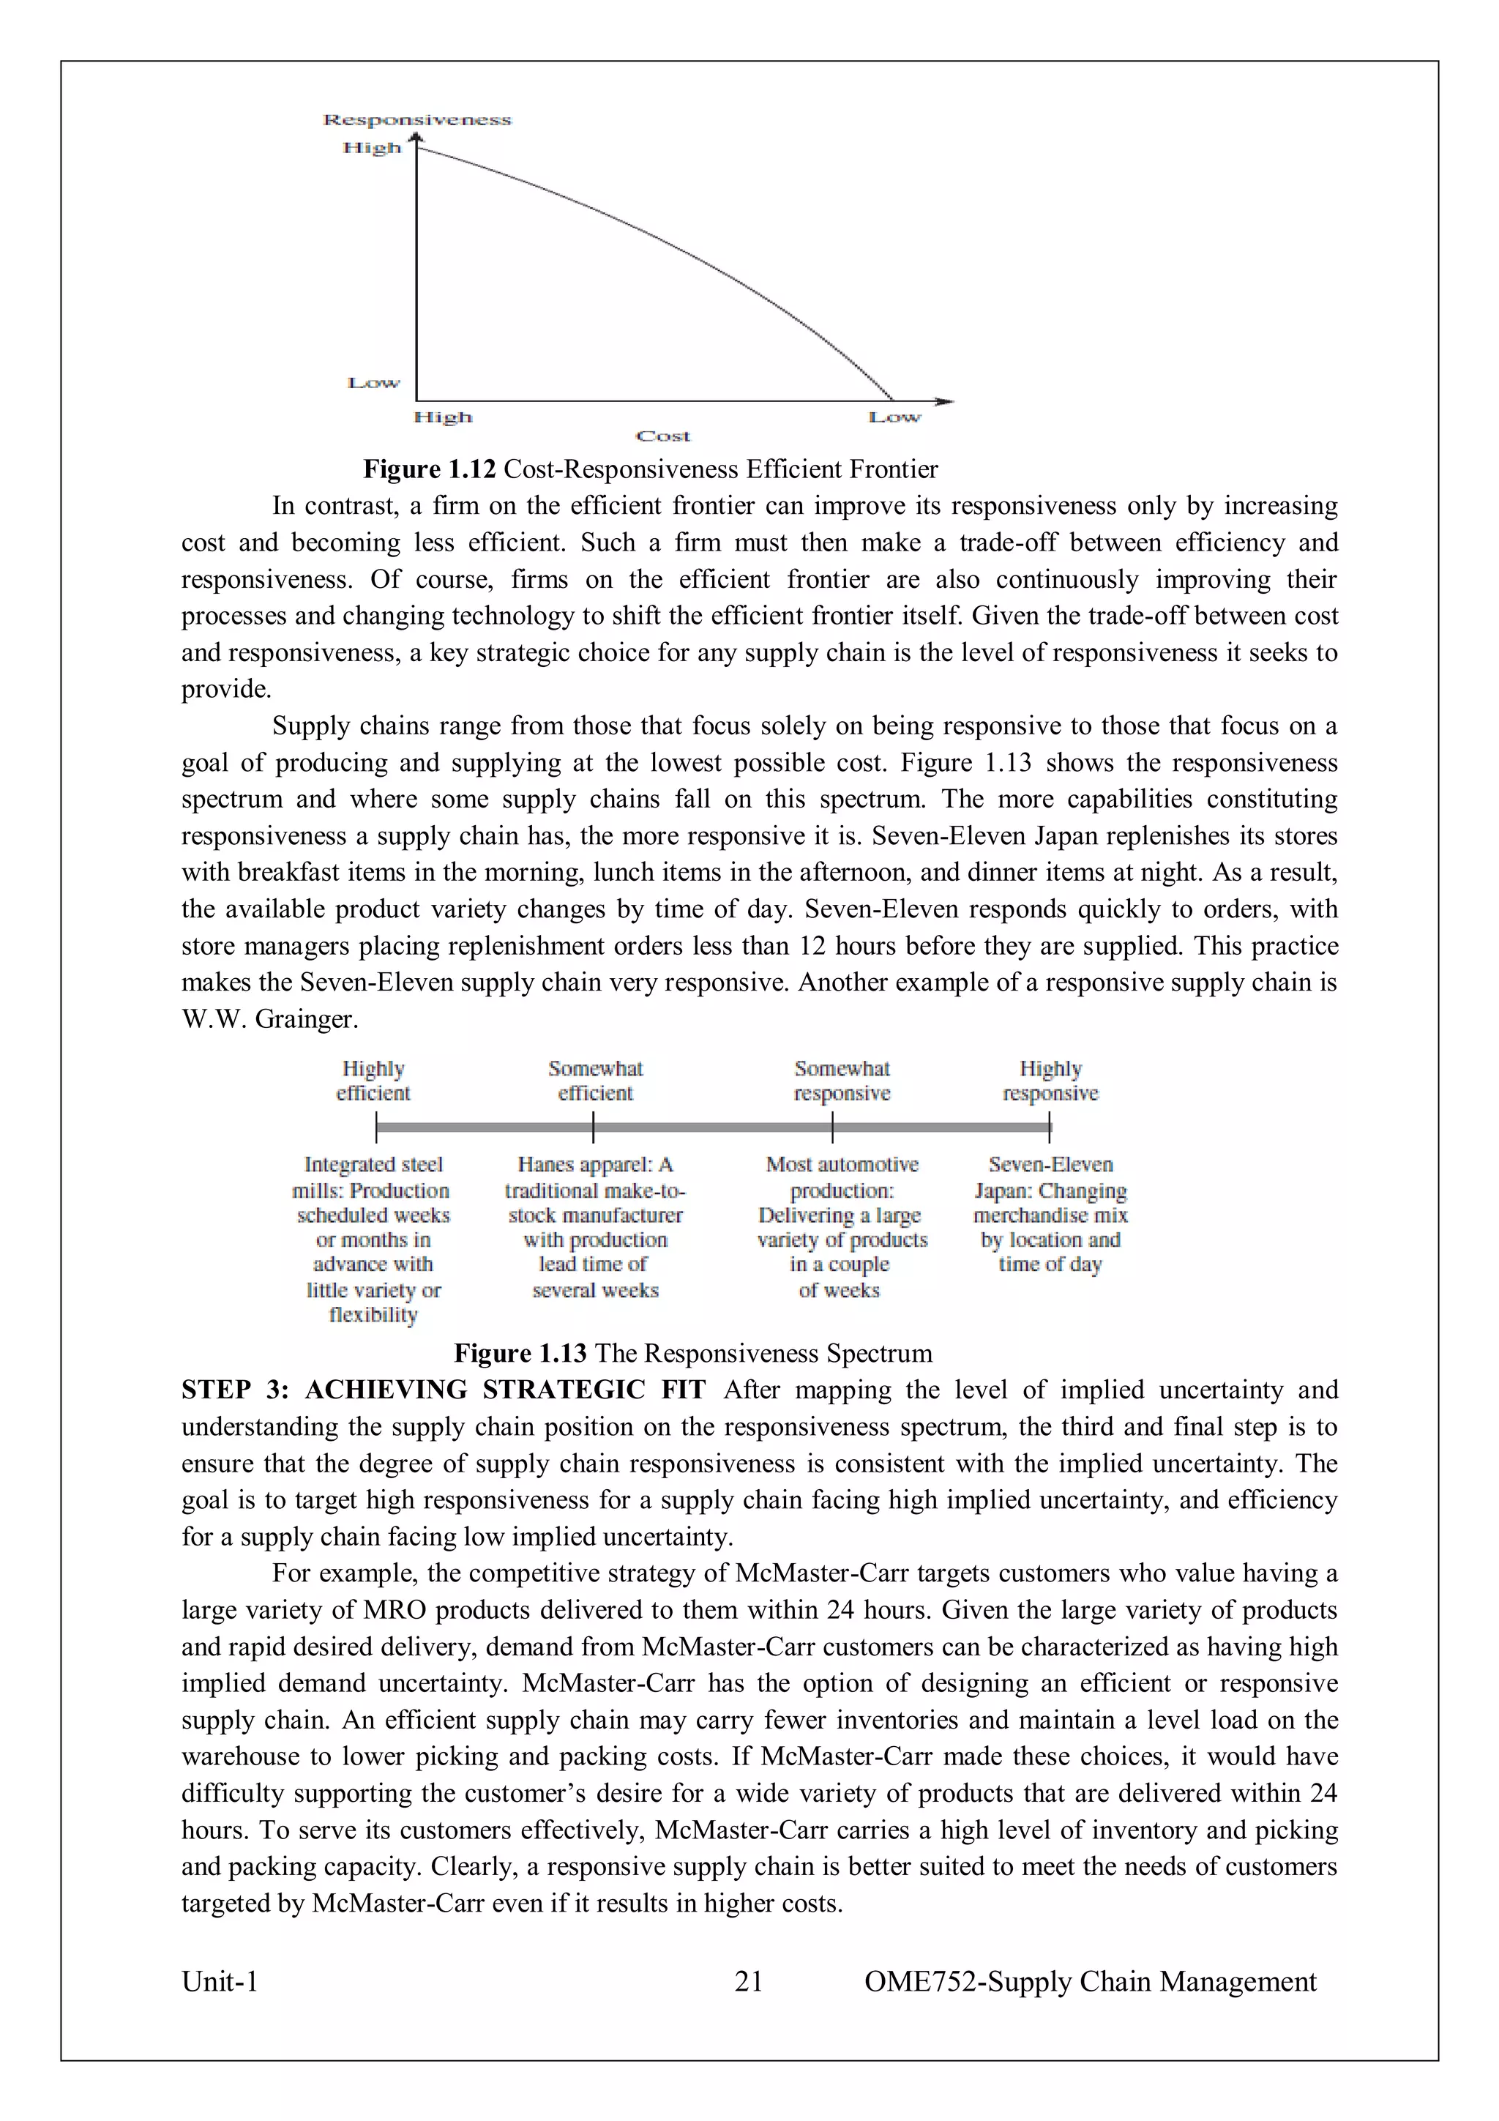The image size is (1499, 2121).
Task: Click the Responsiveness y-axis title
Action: (416, 120)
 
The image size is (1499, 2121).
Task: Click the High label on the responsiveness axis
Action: (373, 148)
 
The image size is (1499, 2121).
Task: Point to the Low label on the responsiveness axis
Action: (373, 382)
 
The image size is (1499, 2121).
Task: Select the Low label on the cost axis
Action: (894, 417)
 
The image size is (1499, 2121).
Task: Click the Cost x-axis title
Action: (663, 436)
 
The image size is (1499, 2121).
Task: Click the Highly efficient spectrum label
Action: (373, 1081)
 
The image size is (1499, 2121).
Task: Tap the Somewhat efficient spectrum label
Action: (595, 1081)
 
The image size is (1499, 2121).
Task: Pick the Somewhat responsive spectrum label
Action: (842, 1081)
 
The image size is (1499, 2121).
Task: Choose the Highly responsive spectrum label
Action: (1050, 1081)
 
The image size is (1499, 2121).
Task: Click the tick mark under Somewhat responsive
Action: (832, 1127)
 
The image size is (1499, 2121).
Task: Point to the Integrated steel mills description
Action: (373, 1239)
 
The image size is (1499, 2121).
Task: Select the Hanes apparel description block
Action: (595, 1227)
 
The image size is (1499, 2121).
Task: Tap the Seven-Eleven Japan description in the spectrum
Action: (1050, 1214)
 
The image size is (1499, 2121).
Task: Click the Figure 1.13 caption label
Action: (520, 1353)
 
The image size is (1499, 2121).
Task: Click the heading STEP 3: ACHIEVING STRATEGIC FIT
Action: (444, 1390)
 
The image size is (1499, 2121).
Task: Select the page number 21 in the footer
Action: (748, 1981)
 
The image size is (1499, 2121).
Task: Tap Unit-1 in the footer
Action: (220, 1981)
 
